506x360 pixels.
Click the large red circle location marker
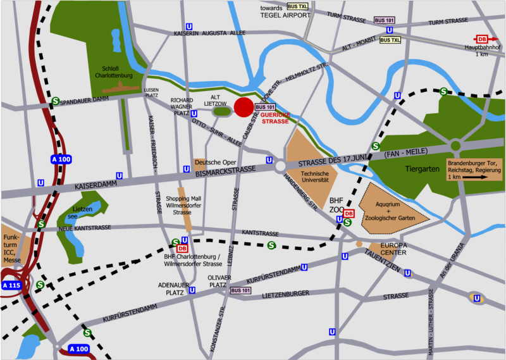244,108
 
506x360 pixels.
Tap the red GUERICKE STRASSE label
275,117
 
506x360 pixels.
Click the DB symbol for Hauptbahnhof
482,39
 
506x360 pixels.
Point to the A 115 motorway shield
12,285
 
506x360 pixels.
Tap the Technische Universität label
314,177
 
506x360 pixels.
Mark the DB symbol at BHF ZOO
349,213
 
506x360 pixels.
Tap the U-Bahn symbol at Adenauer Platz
192,290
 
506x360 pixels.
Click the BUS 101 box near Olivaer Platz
240,290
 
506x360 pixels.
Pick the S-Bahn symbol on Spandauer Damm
56,101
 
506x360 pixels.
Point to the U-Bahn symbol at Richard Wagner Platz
194,113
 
